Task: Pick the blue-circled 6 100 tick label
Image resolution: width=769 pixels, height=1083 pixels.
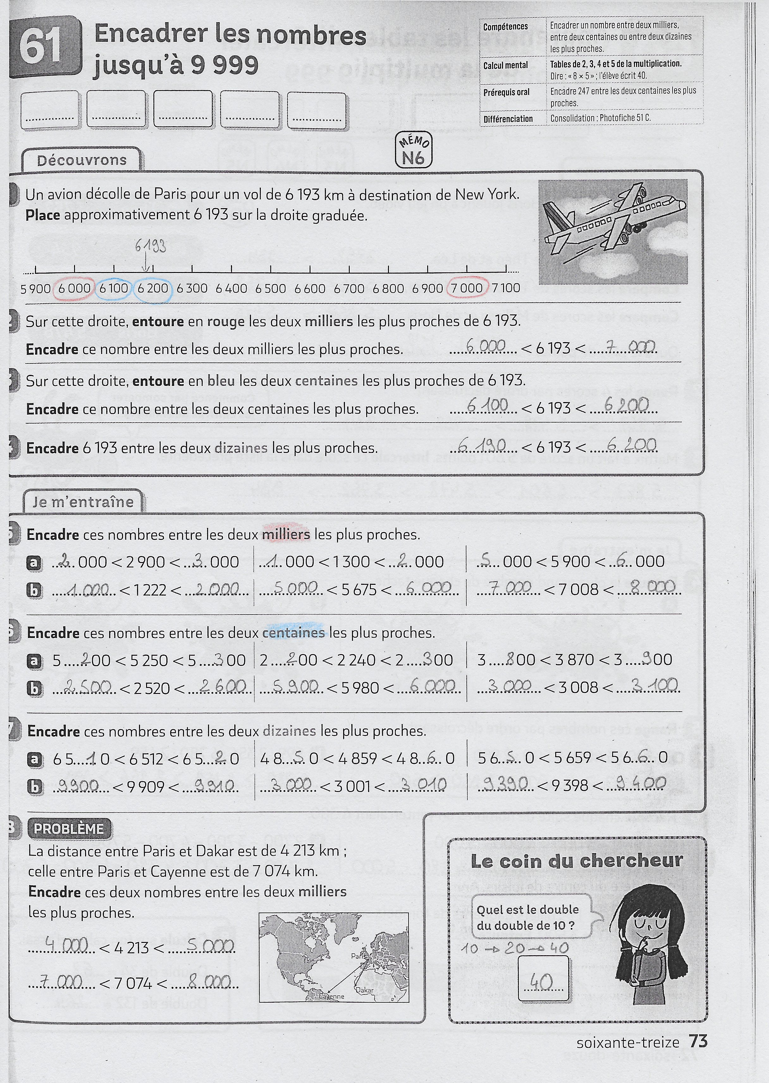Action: click(114, 288)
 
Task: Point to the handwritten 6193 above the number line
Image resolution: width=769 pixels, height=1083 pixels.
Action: click(150, 246)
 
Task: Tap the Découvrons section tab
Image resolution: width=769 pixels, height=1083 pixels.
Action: click(82, 160)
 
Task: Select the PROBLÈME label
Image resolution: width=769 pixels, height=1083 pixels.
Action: click(69, 829)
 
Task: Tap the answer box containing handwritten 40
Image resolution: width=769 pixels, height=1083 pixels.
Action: click(543, 979)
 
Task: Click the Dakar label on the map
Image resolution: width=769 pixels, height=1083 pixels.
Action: click(364, 990)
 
